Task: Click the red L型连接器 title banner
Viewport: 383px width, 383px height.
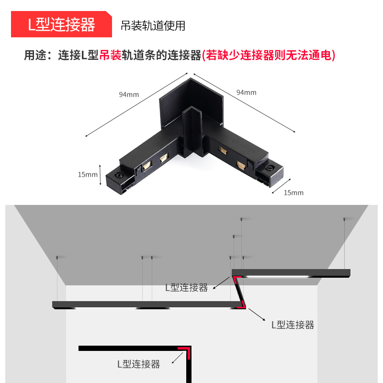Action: click(61, 25)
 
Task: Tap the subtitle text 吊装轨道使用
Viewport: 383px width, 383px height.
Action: click(153, 25)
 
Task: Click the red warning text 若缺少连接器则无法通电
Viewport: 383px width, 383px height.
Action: click(268, 56)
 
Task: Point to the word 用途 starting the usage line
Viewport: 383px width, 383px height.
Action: click(35, 56)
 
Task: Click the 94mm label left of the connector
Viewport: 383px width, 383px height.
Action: click(129, 94)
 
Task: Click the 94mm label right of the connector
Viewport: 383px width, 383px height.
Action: click(246, 92)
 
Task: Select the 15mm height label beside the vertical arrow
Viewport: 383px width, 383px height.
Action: click(88, 174)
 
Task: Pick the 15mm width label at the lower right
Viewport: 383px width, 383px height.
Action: click(293, 192)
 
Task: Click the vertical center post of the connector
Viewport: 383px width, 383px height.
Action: click(193, 129)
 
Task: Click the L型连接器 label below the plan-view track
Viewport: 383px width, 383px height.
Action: click(138, 364)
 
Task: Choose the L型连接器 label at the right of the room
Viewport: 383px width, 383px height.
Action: click(293, 325)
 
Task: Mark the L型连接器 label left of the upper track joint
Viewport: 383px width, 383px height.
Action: click(186, 287)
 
